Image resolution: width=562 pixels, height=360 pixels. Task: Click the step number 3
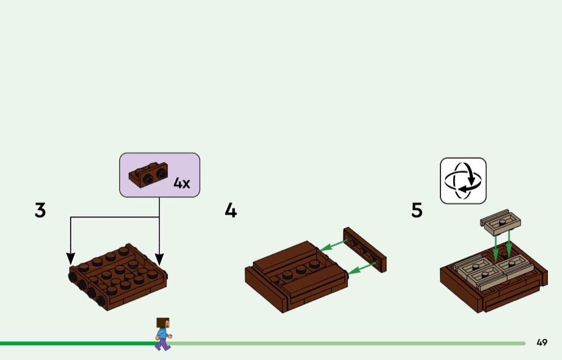[x=40, y=210]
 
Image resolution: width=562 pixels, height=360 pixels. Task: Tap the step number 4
[x=231, y=210]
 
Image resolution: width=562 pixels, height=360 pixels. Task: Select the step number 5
[x=417, y=210]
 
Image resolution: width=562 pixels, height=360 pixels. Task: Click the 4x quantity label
[x=181, y=183]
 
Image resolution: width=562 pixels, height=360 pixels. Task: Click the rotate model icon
[x=463, y=180]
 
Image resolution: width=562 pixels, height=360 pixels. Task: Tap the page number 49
[x=542, y=342]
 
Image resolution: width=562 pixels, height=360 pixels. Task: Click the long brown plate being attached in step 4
[x=364, y=249]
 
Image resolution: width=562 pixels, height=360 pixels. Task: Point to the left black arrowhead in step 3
[x=71, y=258]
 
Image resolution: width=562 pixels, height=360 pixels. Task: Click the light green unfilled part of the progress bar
[x=348, y=343]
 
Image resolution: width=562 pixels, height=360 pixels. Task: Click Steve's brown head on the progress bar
[x=163, y=323]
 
